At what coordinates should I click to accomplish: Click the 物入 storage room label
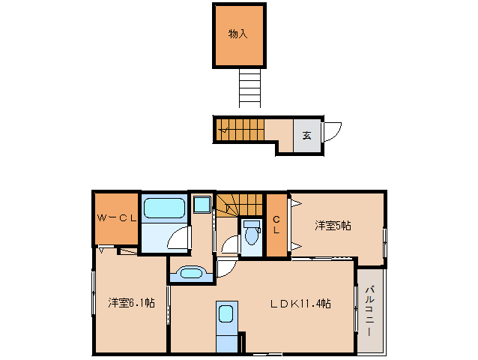pos(238,34)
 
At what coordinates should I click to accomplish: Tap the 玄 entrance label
pos(306,136)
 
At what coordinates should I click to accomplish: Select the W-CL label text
pos(115,218)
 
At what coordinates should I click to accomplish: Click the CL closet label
pos(276,224)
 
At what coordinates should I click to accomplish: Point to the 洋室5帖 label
pos(333,225)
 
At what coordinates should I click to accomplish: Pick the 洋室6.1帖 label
pos(131,302)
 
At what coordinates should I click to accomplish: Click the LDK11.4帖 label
pos(301,303)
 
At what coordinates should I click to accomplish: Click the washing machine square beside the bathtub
pos(201,205)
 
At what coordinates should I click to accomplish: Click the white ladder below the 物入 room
pos(250,87)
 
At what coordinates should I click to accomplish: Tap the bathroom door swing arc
pos(178,238)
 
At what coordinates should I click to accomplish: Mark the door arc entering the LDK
pos(227,268)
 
